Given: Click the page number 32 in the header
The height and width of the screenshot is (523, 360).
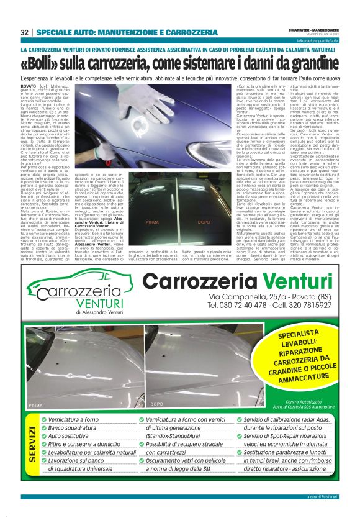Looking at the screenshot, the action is point(25,32).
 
